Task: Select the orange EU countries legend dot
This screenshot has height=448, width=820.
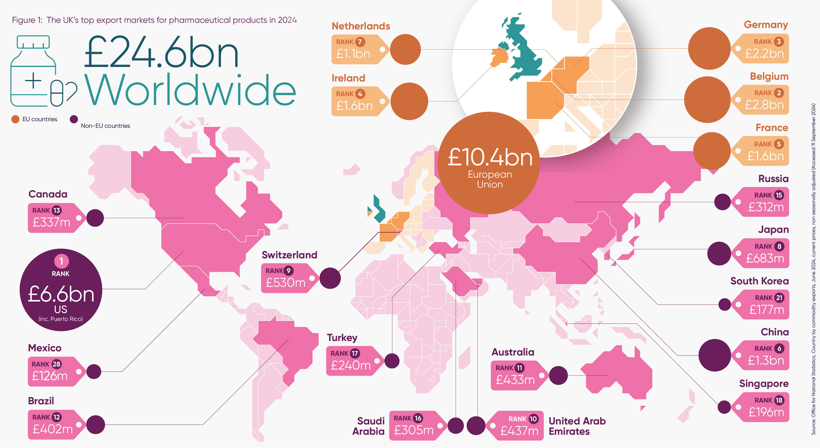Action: point(15,119)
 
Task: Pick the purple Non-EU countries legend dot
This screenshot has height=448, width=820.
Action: point(74,119)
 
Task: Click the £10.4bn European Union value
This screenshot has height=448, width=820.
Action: point(490,158)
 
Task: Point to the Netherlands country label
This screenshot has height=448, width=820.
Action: point(361,26)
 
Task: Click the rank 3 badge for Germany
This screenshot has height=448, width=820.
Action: point(779,42)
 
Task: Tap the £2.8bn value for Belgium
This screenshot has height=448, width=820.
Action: point(764,105)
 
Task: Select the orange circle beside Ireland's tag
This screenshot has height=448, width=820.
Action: point(409,101)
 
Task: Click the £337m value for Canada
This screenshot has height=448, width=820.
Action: point(52,222)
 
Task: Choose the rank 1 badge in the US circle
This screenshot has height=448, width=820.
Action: point(61,261)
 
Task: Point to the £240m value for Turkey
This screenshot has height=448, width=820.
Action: point(351,365)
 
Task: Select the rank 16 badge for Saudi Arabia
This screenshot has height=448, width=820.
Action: point(418,418)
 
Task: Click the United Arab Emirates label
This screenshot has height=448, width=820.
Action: point(577,426)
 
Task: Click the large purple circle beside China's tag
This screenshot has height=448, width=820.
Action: point(715,355)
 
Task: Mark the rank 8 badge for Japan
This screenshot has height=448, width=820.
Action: point(779,247)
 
